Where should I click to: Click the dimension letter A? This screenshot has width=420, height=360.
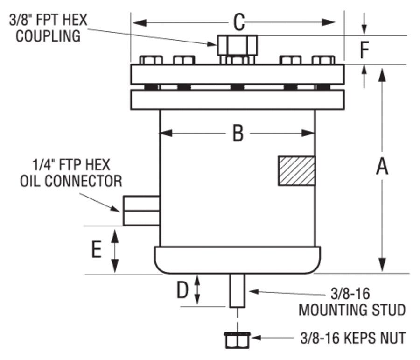pyautogui.click(x=382, y=167)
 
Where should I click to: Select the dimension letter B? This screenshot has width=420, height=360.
pyautogui.click(x=238, y=134)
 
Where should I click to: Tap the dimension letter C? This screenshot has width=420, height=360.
pyautogui.click(x=239, y=22)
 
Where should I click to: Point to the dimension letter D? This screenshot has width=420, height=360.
pyautogui.click(x=182, y=290)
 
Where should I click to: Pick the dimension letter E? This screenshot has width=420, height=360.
pyautogui.click(x=96, y=250)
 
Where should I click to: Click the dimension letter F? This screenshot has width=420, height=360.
pyautogui.click(x=366, y=50)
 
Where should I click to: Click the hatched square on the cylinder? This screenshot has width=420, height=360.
pyautogui.click(x=296, y=171)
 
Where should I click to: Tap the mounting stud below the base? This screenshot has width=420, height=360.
pyautogui.click(x=238, y=290)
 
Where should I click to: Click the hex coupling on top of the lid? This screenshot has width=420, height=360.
pyautogui.click(x=237, y=45)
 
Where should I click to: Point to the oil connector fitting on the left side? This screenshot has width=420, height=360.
pyautogui.click(x=141, y=211)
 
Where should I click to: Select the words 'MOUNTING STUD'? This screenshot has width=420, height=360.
pyautogui.click(x=352, y=310)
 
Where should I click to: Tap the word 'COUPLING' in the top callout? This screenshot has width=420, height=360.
pyautogui.click(x=48, y=36)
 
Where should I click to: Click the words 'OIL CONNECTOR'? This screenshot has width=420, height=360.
pyautogui.click(x=71, y=181)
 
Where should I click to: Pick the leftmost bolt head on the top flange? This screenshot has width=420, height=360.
pyautogui.click(x=151, y=60)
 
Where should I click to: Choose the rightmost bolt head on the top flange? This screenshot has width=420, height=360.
pyautogui.click(x=323, y=60)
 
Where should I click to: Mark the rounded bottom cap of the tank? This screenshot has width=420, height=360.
pyautogui.click(x=238, y=260)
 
